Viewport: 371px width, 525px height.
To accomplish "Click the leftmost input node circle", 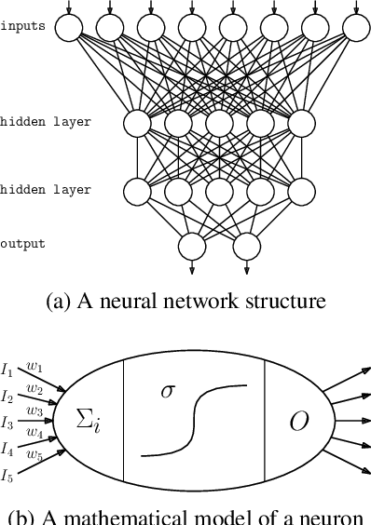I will click(68, 30).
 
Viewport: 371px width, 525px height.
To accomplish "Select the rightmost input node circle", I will click(356, 30).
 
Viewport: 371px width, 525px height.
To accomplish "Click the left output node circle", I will click(192, 247).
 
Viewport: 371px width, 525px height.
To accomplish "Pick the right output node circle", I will click(246, 247).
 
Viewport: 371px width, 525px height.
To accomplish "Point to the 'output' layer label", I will click(22, 244).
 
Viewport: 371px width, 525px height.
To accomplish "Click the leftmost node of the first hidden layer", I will click(137, 123).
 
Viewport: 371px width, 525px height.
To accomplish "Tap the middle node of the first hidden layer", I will click(219, 123).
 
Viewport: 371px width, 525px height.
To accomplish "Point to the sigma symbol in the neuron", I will click(168, 390).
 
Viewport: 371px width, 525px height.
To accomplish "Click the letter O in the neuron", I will click(298, 422).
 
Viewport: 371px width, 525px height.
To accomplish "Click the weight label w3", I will click(34, 410).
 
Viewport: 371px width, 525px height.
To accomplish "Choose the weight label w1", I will click(34, 367).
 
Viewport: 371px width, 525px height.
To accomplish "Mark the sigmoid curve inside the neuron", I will click(194, 421).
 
